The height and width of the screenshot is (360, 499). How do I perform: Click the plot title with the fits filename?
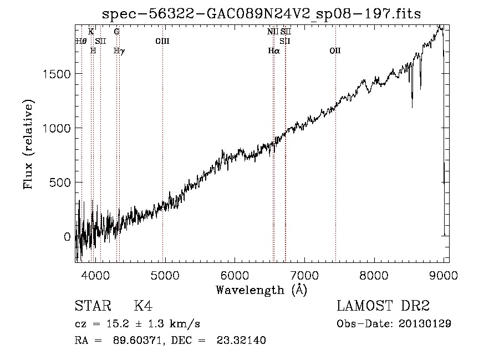click(262, 14)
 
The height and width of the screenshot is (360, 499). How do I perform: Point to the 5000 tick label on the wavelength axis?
click(165, 275)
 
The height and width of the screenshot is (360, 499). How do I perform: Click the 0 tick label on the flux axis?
click(68, 237)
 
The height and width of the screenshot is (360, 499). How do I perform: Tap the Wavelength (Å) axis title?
click(261, 290)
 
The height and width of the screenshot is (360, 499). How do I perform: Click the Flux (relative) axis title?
click(29, 144)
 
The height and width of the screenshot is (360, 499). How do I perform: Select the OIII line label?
click(162, 41)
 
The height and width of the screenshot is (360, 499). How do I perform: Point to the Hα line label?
click(273, 51)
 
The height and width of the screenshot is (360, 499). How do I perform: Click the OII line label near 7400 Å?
click(335, 51)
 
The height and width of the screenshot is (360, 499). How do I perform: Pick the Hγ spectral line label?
click(119, 51)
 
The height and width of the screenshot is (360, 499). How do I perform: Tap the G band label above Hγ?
click(116, 32)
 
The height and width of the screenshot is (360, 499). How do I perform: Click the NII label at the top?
click(272, 32)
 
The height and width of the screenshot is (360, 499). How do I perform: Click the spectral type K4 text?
click(143, 306)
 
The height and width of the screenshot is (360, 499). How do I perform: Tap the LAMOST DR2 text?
click(383, 306)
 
